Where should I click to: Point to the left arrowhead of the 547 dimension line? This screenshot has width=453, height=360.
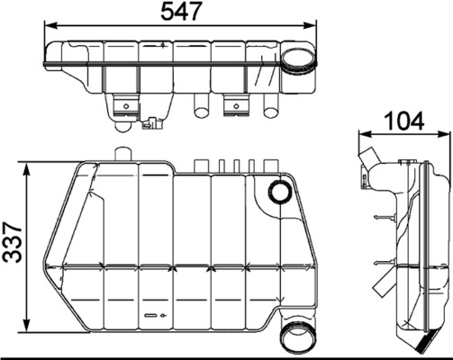click(x=48, y=29)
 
